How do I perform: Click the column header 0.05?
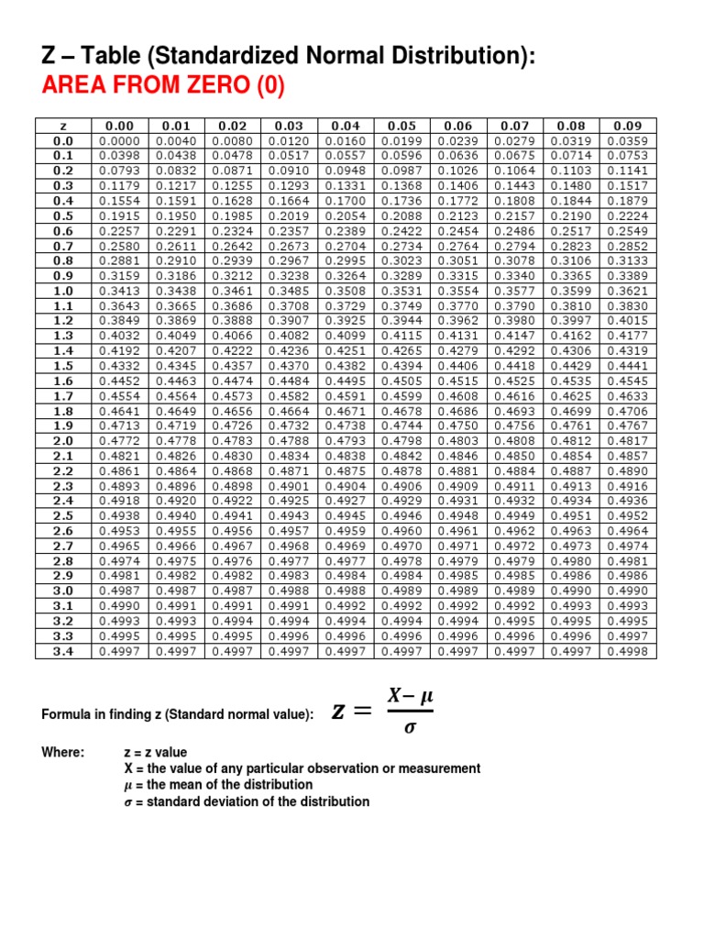[x=401, y=127]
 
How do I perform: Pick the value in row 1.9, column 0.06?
[x=457, y=425]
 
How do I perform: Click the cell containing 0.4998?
[x=628, y=651]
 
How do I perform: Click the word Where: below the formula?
[x=63, y=752]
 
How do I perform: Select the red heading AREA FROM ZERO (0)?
[x=163, y=87]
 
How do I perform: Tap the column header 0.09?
[x=628, y=127]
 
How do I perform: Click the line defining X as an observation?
[x=302, y=768]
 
